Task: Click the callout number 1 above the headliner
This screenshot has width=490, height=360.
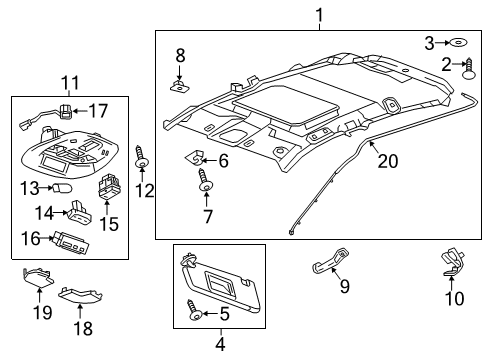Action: tap(319, 15)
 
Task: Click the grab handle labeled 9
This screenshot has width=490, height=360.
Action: tap(324, 264)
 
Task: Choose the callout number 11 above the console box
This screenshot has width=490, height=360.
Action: tap(68, 83)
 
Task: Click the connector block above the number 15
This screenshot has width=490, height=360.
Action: tap(108, 187)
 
